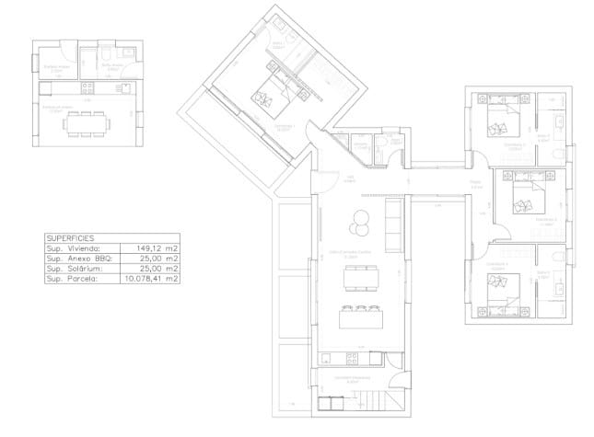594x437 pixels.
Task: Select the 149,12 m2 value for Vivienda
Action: (156, 247)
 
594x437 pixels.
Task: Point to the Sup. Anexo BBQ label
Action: (79, 258)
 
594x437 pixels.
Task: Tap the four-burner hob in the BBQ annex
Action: (86, 88)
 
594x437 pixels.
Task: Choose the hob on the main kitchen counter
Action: (332, 358)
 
